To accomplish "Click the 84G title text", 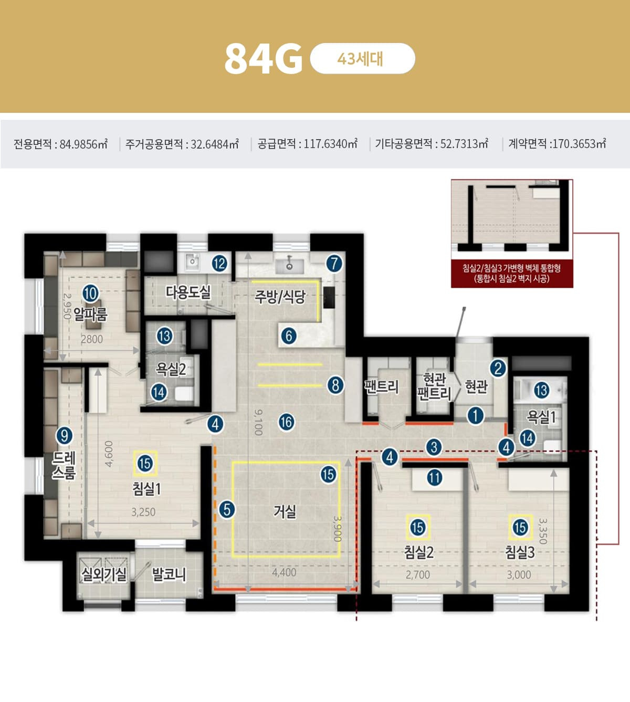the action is pos(264,59).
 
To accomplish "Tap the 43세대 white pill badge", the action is pos(362,59).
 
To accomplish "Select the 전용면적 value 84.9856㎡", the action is pos(83,144).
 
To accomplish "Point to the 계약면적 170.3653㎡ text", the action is pos(557,144).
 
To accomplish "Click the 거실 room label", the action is pos(285,511).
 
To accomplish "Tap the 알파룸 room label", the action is pos(90,315).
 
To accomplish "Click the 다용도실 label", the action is pos(188,292).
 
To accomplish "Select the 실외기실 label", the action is pos(103,574).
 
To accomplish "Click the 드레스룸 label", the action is pos(64,465).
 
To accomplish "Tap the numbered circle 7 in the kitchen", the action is pos(334,264).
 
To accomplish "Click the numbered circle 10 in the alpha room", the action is pos(90,294).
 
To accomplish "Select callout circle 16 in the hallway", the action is pos(287,422).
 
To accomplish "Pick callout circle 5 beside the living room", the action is pos(227,510).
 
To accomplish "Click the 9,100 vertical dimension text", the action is pos(258,422).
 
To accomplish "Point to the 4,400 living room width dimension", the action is pos(284,572).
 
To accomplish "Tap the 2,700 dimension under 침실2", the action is pos(417,575).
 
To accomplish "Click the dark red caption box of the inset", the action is pos(512,274).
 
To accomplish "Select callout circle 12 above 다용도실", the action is pos(219,264).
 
